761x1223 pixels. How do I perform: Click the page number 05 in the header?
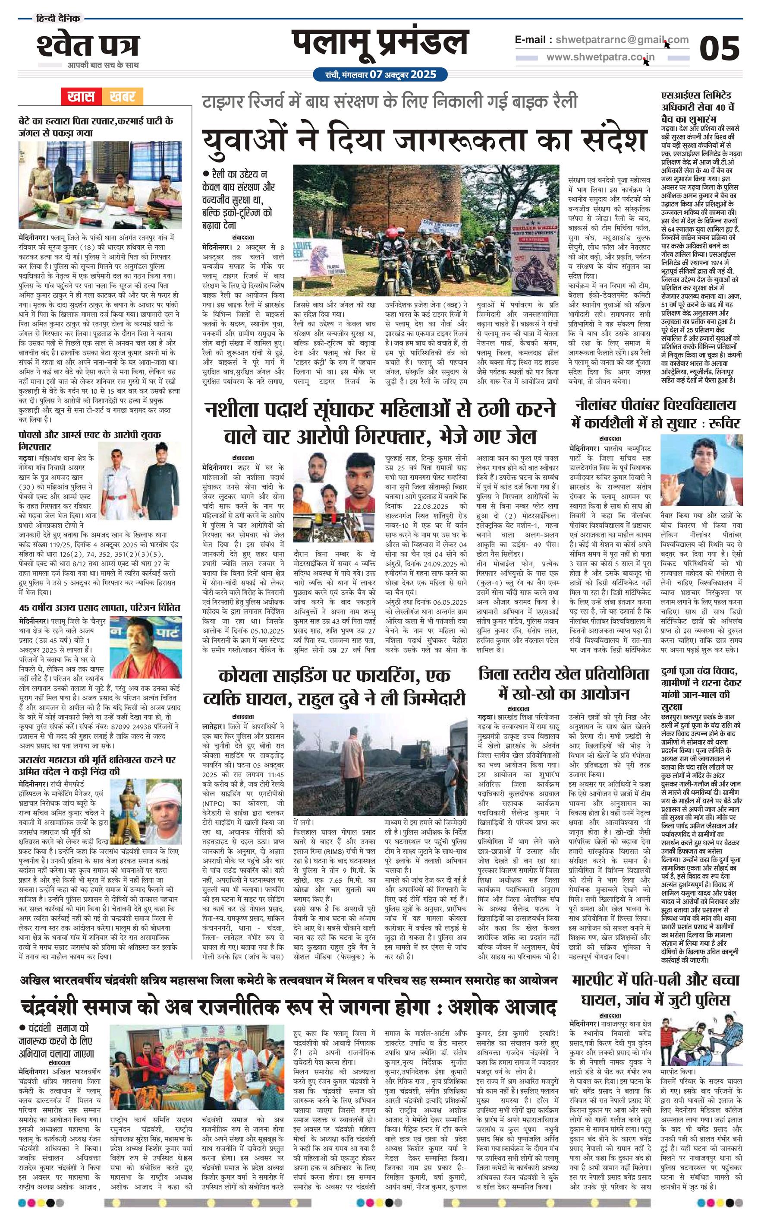coord(719,49)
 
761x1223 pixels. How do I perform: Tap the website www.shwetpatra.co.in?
coord(601,57)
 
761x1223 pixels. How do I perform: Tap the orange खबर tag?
coord(123,97)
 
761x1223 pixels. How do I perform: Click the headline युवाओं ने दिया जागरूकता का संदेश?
coord(425,141)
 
